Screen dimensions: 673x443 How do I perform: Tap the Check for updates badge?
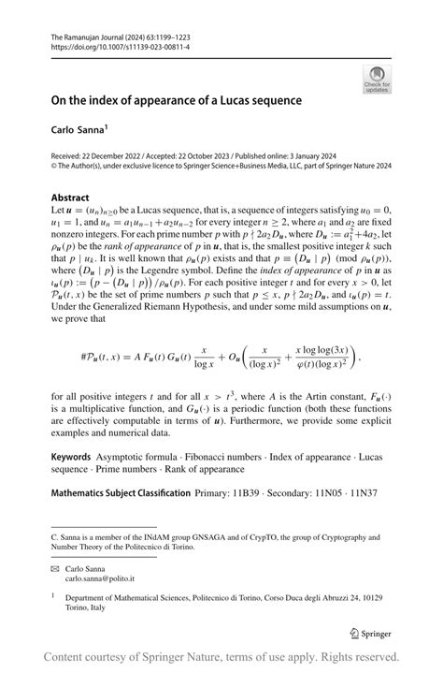(x=378, y=79)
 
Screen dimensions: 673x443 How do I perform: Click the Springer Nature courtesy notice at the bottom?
(x=221, y=656)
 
